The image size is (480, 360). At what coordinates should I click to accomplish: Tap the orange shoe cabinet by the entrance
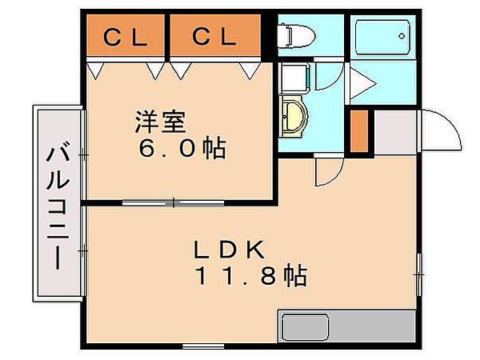coord(359,131)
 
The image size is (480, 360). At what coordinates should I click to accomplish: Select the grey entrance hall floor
coord(396,133)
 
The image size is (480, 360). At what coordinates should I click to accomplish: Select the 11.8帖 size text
coord(250,277)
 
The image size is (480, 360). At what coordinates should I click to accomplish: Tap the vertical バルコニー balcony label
coord(57,203)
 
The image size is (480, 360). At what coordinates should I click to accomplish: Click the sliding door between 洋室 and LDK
coord(173,202)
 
